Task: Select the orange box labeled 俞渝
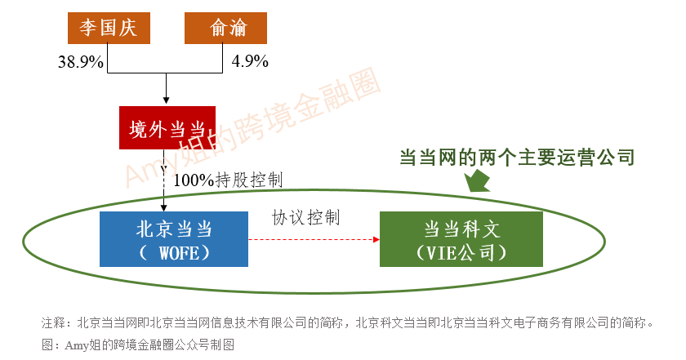point(225,29)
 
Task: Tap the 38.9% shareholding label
point(80,61)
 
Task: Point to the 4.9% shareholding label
point(250,61)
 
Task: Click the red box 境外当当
point(167,128)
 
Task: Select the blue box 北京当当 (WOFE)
point(174,239)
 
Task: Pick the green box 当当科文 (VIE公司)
point(461,239)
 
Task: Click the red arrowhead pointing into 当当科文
point(376,240)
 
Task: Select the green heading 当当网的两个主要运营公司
point(516,157)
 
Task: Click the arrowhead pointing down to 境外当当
point(167,101)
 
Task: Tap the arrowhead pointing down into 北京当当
point(166,207)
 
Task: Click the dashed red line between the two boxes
point(310,240)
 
